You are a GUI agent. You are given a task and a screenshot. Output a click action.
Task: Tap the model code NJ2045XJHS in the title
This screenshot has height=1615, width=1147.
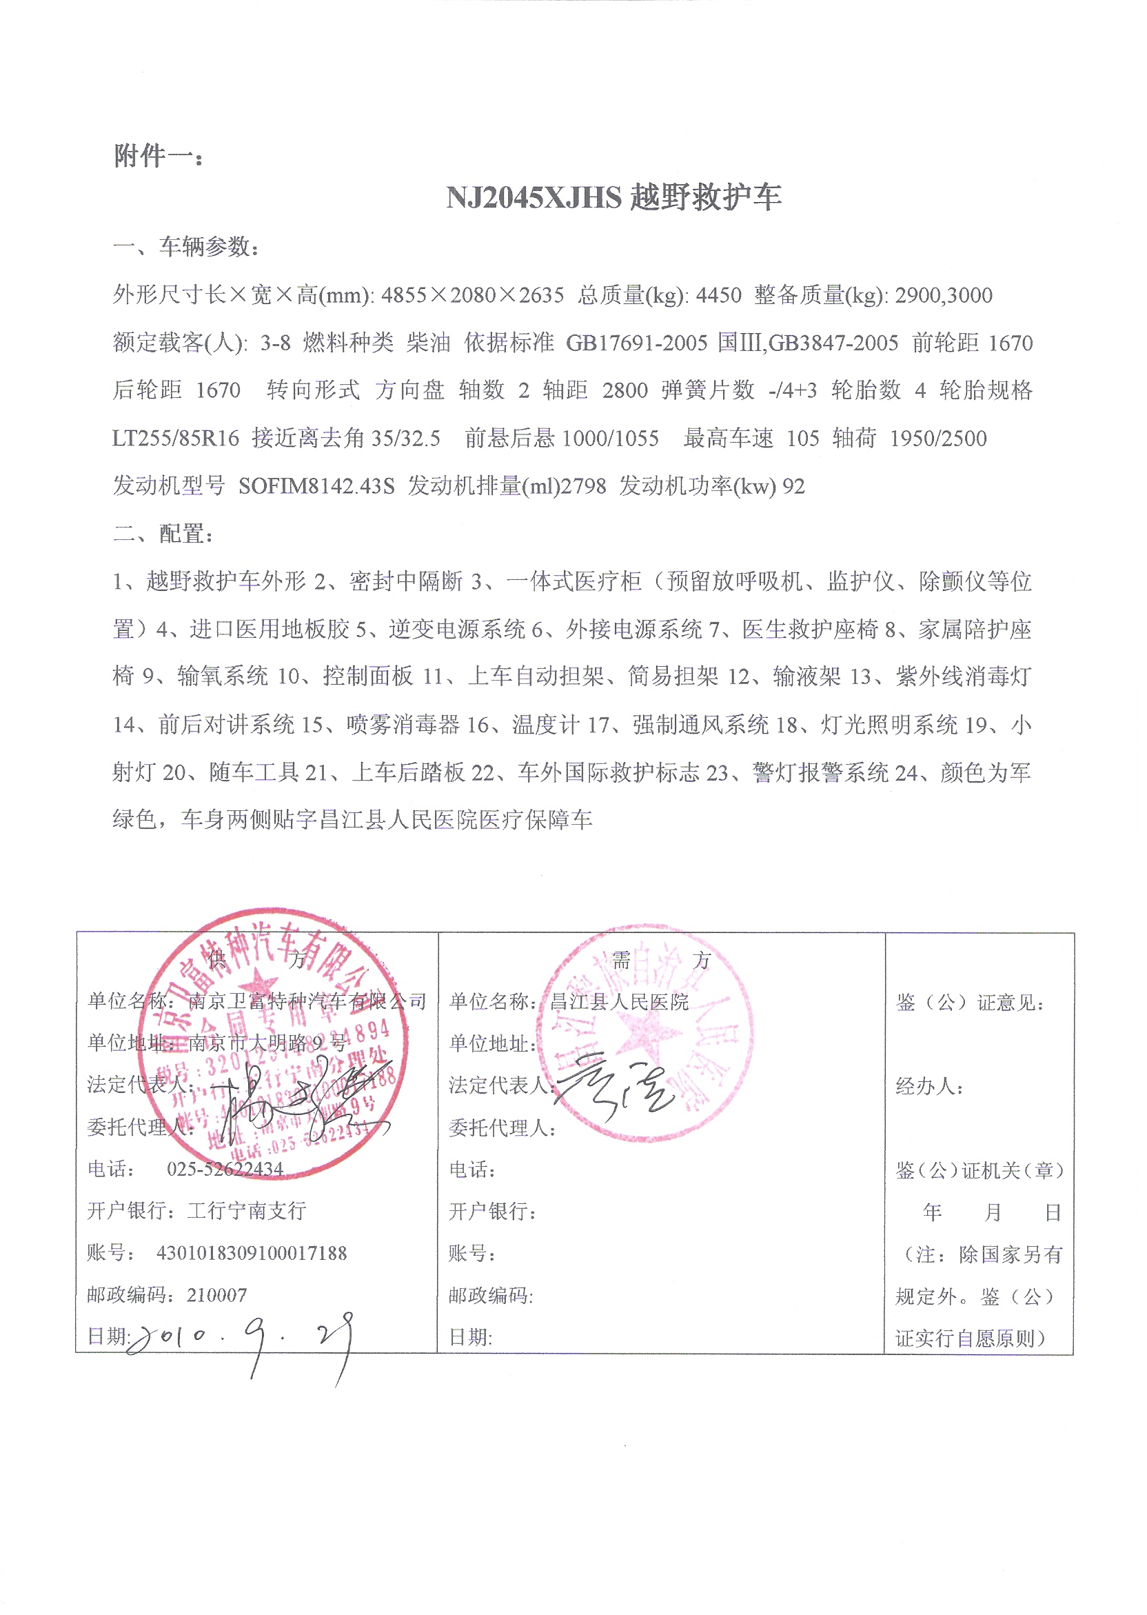534,197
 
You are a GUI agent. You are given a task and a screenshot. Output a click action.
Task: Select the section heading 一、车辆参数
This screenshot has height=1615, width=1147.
187,247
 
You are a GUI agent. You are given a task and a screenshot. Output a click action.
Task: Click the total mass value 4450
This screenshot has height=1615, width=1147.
718,295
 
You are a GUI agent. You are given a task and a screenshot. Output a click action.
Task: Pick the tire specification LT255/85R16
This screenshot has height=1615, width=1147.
176,439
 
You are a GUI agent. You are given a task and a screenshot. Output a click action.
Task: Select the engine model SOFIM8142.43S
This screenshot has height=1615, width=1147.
316,486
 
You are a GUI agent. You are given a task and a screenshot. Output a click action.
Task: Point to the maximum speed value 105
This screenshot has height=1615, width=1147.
803,439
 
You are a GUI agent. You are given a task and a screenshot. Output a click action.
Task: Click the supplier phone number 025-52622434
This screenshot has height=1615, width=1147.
225,1170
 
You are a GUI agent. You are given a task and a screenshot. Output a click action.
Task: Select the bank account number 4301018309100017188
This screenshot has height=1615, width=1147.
252,1253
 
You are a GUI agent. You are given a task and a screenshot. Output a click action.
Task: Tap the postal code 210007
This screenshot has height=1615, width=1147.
217,1295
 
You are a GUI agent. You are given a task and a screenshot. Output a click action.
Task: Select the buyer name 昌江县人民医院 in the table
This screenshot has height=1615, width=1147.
620,1002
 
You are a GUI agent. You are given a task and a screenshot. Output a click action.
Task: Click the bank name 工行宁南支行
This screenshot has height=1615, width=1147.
247,1211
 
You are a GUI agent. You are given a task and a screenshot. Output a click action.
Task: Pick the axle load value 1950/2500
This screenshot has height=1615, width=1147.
938,439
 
